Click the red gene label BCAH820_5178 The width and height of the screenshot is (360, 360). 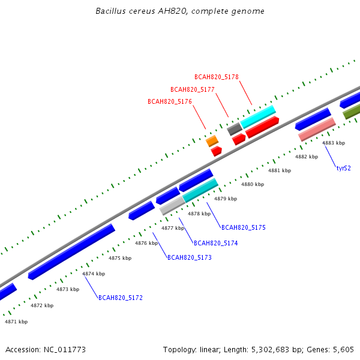pos(217,77)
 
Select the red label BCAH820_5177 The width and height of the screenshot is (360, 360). pos(193,89)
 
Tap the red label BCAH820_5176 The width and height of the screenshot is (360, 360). pos(170,101)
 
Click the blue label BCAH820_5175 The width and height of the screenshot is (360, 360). pos(244,227)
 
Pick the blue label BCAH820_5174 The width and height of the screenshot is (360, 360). pos(216,243)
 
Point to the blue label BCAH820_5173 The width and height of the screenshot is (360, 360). pos(190,257)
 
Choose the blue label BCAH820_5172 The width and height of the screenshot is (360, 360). pos(121,298)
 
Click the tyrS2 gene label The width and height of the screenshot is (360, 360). pos(343,168)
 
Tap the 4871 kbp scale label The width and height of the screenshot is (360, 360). pos(16,322)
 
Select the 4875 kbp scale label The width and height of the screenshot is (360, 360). pos(120,258)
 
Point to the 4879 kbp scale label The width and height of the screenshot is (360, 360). pos(226,199)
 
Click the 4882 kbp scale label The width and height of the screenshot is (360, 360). pos(307,157)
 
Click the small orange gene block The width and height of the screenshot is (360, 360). pos(212,141)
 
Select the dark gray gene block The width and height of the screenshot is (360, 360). pos(235,129)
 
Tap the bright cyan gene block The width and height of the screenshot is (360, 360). pos(258,117)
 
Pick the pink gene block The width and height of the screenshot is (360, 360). pos(317,129)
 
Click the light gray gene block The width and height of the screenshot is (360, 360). pos(172,206)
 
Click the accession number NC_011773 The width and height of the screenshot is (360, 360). pos(65,350)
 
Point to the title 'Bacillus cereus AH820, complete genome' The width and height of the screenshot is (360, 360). pos(180,11)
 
